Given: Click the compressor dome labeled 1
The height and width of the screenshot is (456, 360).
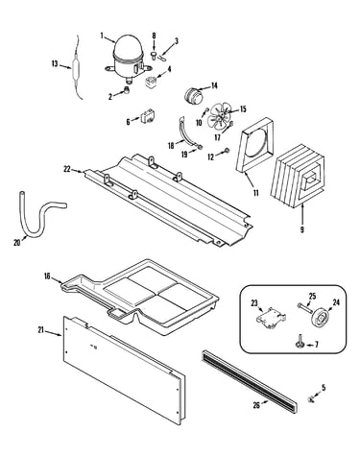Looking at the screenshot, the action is click(x=129, y=58).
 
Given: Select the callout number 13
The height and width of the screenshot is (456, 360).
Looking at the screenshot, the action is click(x=55, y=64).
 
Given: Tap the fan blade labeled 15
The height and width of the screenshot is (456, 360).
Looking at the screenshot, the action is click(x=219, y=115).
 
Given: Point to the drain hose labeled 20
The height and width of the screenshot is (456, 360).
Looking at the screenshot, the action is click(x=39, y=217).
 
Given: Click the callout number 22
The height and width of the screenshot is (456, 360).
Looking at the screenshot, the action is click(x=67, y=169).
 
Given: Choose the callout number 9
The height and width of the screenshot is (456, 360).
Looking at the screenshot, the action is click(x=302, y=229).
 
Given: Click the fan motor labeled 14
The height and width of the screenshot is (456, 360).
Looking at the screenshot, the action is click(x=194, y=96).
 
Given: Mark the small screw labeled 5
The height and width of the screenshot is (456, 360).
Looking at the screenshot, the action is click(x=310, y=399).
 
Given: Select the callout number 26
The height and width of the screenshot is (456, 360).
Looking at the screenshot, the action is click(x=256, y=405).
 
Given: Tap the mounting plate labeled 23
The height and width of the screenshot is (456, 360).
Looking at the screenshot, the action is click(x=271, y=318).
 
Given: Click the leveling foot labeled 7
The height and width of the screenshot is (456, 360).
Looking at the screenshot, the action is click(x=300, y=345).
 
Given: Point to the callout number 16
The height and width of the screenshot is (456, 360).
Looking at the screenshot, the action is click(x=47, y=276).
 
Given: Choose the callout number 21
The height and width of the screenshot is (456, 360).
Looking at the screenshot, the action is click(x=41, y=330).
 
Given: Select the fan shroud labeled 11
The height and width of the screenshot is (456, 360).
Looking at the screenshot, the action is click(x=254, y=146).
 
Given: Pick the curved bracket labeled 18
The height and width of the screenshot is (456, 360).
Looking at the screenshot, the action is click(x=184, y=132).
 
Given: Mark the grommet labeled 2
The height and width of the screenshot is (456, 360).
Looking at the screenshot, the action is click(x=127, y=90).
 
